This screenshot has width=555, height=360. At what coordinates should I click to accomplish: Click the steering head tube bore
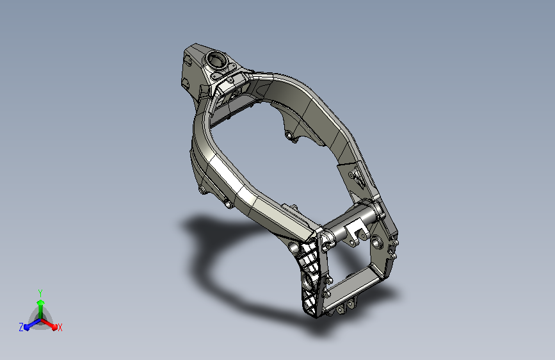click(216, 58)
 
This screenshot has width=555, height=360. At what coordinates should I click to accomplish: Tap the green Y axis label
click(40, 293)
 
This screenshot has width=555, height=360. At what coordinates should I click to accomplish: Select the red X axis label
click(60, 327)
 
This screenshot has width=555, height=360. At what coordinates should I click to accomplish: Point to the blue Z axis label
click(21, 327)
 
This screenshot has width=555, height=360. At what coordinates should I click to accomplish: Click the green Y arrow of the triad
click(41, 309)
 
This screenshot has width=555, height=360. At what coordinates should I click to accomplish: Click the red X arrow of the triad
click(49, 324)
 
